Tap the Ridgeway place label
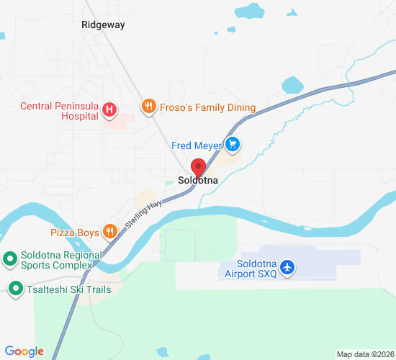coord(103,24)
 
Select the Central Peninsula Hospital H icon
coord(109,109)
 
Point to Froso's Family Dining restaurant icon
coord(148,107)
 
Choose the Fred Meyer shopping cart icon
coord(232,145)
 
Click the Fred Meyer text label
coord(197,146)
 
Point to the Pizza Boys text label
coord(75,233)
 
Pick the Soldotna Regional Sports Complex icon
coord(10,257)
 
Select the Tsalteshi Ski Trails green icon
coord(14,289)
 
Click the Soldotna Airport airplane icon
coord(288,267)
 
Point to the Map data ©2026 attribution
coord(364,354)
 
